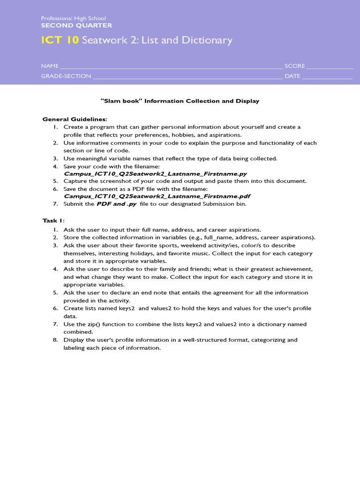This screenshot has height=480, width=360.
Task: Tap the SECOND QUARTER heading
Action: coord(76,25)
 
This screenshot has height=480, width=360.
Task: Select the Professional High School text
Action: coord(73,18)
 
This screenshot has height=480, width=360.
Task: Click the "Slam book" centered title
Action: coord(180,101)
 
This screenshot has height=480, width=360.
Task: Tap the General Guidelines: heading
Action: coord(75,119)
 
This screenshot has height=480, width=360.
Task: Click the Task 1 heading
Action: coord(53,220)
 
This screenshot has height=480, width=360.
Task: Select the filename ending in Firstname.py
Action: coord(155,173)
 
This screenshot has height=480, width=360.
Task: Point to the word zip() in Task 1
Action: coord(95,324)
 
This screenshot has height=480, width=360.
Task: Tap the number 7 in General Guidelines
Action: coord(55,204)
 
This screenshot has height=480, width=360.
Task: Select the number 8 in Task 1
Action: coord(55,340)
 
